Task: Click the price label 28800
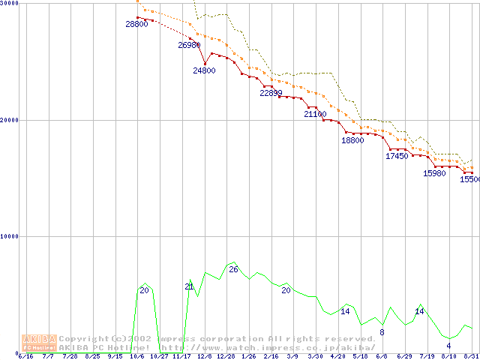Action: [136, 25]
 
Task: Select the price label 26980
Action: [189, 46]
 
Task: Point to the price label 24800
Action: [204, 71]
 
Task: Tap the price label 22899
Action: [271, 94]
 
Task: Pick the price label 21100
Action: [316, 115]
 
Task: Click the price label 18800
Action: [352, 140]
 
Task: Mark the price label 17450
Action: [397, 157]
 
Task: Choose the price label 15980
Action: [434, 173]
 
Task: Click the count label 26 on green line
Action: [233, 269]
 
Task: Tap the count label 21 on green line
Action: [189, 286]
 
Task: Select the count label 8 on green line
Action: [382, 332]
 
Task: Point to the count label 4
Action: [448, 346]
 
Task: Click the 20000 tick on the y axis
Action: [10, 120]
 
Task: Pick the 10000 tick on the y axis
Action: [10, 236]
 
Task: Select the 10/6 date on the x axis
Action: [136, 357]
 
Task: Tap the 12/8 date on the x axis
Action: [205, 357]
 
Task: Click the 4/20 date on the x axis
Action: [337, 357]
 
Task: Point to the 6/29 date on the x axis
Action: [405, 357]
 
